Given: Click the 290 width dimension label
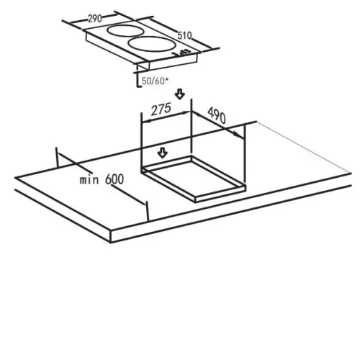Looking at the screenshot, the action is tap(95, 19).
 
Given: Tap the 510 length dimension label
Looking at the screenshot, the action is tap(184, 36).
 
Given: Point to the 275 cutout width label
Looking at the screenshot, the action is tap(161, 109).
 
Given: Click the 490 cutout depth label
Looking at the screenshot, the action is tap(217, 115).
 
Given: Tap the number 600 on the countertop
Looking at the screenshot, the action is tap(114, 179).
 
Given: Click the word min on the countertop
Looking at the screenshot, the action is tap(89, 179).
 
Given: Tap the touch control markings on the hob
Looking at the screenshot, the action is tap(181, 53).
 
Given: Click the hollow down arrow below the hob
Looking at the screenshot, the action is tap(180, 94).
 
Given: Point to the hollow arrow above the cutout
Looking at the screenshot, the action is tap(163, 153).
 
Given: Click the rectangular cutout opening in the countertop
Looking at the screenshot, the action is tap(194, 179).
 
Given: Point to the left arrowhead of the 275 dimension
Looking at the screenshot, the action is tap(146, 121).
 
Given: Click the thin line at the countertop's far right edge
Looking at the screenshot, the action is tap(304, 147).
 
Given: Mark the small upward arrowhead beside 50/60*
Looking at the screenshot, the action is tap(137, 68).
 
